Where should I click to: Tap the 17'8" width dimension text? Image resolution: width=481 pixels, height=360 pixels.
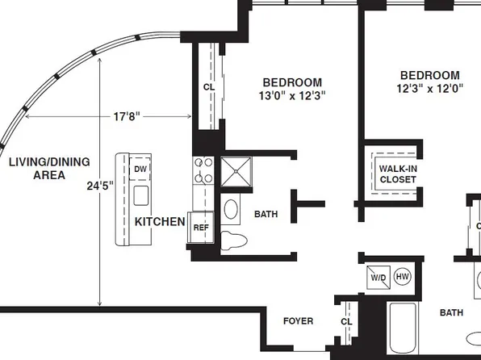[x=127, y=116]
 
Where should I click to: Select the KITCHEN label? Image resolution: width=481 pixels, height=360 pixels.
[x=160, y=221]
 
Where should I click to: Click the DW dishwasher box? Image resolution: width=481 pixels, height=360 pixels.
[x=140, y=168]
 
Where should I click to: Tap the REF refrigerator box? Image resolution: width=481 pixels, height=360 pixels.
[x=201, y=227]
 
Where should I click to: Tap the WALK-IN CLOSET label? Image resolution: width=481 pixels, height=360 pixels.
[x=397, y=174]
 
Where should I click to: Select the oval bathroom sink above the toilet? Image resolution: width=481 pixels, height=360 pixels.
[x=232, y=209]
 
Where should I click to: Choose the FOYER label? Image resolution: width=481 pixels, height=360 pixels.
[x=298, y=321]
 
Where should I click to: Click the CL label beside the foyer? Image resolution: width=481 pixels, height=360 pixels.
[x=346, y=321]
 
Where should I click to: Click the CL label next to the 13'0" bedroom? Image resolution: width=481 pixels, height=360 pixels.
[x=208, y=87]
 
